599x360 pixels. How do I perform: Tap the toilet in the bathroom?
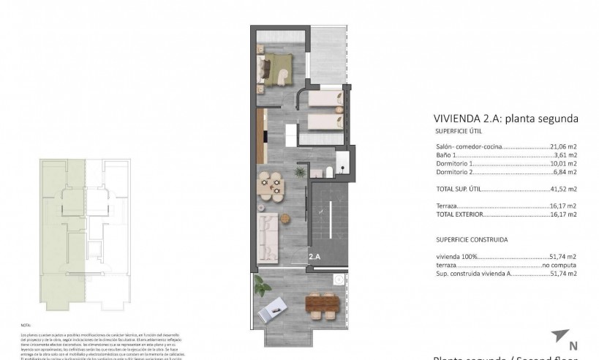[x=330, y=171]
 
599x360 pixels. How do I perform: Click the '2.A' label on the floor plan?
[x=315, y=257]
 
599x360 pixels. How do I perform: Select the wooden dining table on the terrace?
[x=323, y=302]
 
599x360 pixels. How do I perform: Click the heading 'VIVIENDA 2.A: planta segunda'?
[x=505, y=119]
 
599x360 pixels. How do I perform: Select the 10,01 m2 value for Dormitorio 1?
[x=562, y=164]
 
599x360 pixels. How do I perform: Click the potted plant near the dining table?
[x=298, y=171]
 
